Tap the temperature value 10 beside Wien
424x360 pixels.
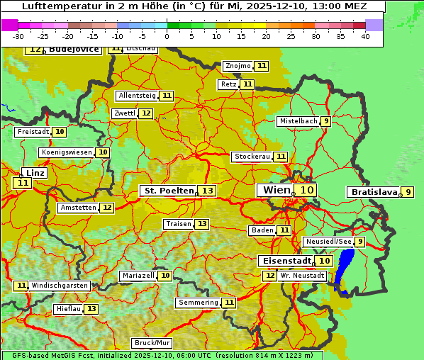(x=306, y=190)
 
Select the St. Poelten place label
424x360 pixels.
(x=168, y=191)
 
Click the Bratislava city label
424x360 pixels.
(x=372, y=192)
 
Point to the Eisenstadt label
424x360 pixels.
(x=284, y=261)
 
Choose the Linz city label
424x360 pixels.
(x=35, y=173)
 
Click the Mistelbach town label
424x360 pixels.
(x=298, y=121)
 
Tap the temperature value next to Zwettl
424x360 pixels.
(x=145, y=113)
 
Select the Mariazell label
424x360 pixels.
(x=138, y=276)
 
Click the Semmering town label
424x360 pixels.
(x=199, y=303)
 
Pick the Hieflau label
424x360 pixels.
(x=68, y=309)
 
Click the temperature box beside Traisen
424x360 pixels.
(x=202, y=224)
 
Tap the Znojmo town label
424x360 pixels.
(x=237, y=66)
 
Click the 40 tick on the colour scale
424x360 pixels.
(x=365, y=36)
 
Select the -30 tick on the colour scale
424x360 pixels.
(x=18, y=36)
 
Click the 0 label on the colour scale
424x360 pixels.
(x=167, y=36)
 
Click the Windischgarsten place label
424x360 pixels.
(x=60, y=286)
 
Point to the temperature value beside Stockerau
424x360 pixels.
(x=281, y=157)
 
